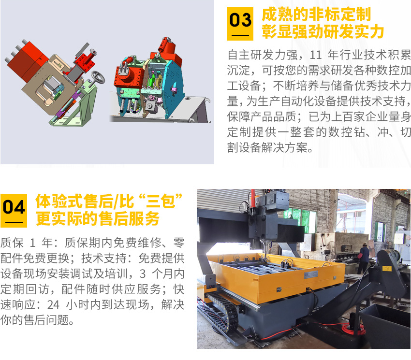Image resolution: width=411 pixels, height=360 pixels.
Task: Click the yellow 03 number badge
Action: point(240,24)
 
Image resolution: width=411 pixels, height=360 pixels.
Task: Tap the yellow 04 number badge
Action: point(14,211)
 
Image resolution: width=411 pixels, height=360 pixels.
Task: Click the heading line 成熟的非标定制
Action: point(316,14)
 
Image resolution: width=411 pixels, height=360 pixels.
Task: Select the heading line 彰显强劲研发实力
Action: point(323,32)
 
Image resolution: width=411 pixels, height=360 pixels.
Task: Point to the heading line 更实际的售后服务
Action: point(98,219)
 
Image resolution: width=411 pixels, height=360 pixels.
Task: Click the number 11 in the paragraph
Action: point(316,55)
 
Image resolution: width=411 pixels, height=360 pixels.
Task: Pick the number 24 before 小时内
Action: point(53,305)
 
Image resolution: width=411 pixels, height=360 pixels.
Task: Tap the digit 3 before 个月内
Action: point(143,274)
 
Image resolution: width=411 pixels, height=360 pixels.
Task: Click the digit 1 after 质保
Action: point(32,243)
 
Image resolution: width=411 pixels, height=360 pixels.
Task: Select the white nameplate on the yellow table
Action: point(311,274)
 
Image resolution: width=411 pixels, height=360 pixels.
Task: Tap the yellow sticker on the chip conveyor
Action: point(387,268)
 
